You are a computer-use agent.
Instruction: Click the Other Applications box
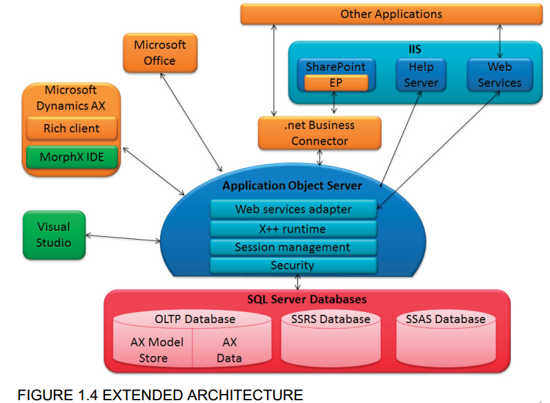[x=391, y=14]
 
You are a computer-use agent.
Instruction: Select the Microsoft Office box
[x=159, y=52]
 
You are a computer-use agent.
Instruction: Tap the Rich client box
[x=71, y=128]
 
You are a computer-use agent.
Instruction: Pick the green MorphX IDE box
[x=71, y=156]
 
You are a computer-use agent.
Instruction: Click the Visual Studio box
[x=53, y=234]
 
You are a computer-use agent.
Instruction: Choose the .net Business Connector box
[x=319, y=133]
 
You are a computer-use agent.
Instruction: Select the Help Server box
[x=420, y=74]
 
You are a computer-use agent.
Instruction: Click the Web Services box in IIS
[x=499, y=74]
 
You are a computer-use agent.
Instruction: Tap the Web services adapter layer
[x=293, y=209]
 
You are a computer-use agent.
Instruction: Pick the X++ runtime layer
[x=293, y=228]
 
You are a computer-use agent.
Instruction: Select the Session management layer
[x=293, y=247]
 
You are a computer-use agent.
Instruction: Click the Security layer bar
[x=293, y=265]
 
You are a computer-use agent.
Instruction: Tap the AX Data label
[x=229, y=350]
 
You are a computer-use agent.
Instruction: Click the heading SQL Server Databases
[x=306, y=300]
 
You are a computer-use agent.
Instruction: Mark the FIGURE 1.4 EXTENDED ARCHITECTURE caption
[x=159, y=395]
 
